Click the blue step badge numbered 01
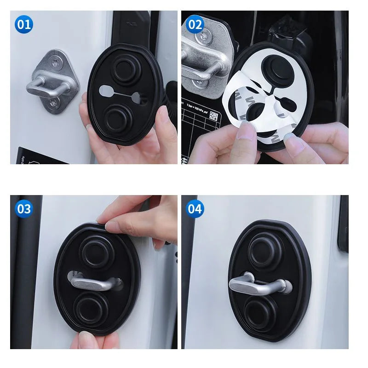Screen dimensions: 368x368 click(x=23, y=24)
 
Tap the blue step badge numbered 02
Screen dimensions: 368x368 click(x=195, y=24)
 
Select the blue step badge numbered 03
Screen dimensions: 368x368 click(x=23, y=208)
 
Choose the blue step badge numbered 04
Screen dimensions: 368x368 click(x=195, y=208)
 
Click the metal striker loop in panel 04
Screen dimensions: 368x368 click(x=258, y=283)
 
